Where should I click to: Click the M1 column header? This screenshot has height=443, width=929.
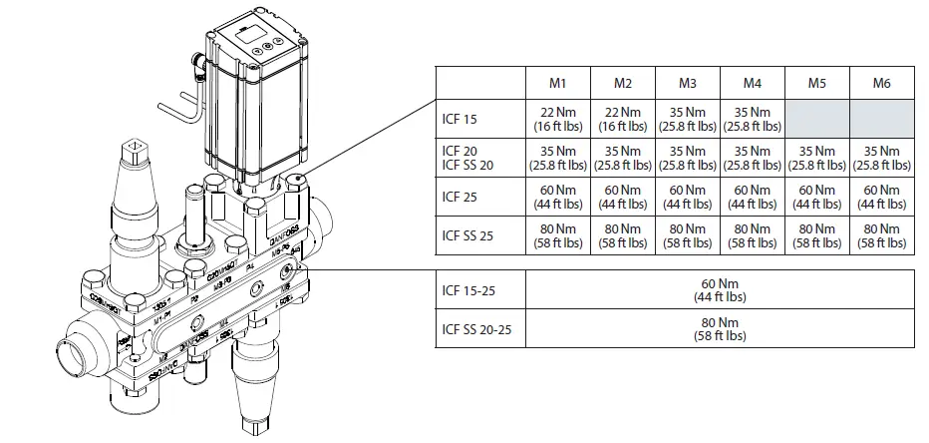558,83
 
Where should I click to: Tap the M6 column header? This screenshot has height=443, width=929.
881,83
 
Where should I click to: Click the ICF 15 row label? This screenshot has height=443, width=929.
460,120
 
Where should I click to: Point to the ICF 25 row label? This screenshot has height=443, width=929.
460,198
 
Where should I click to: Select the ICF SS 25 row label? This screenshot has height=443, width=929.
466,236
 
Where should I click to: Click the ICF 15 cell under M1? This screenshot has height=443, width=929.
558,120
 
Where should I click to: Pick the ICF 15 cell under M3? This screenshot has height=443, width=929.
688,120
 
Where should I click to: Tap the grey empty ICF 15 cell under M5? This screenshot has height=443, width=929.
816,120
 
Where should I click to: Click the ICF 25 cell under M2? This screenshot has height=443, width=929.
623,198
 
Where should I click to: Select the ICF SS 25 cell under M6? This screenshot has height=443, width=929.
881,236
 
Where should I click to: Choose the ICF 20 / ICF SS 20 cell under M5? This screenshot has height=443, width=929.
816,158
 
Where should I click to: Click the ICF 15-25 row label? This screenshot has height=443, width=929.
468,289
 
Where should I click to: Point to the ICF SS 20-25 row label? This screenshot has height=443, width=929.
476,328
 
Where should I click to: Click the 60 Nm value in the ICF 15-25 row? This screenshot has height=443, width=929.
720,289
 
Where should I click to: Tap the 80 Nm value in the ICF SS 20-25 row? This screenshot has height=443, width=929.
720,328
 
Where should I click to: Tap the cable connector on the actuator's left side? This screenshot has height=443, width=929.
198,73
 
